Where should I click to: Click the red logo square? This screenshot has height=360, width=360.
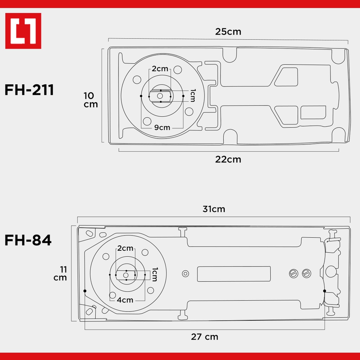[23, 31]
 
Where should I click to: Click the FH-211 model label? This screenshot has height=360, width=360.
[29, 90]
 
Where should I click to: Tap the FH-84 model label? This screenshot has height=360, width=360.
[28, 240]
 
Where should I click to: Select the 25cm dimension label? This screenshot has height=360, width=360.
[228, 32]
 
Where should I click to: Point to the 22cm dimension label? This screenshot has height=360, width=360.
[228, 159]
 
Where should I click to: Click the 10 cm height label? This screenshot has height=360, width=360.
[91, 100]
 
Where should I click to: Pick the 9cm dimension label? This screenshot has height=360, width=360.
[162, 127]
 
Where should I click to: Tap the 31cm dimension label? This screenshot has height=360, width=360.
[214, 209]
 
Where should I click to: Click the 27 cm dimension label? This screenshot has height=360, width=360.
[205, 337]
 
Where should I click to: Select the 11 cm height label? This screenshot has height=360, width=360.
[60, 274]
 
